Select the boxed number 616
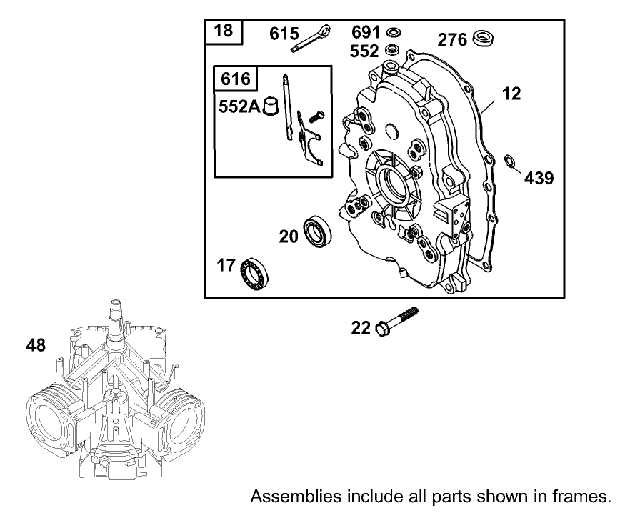236,79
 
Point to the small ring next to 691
391,33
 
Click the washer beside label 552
391,50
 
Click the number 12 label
511,94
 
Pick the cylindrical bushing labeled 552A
271,106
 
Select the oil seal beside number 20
315,231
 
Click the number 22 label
361,328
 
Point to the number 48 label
36,346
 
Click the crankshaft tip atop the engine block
117,309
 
